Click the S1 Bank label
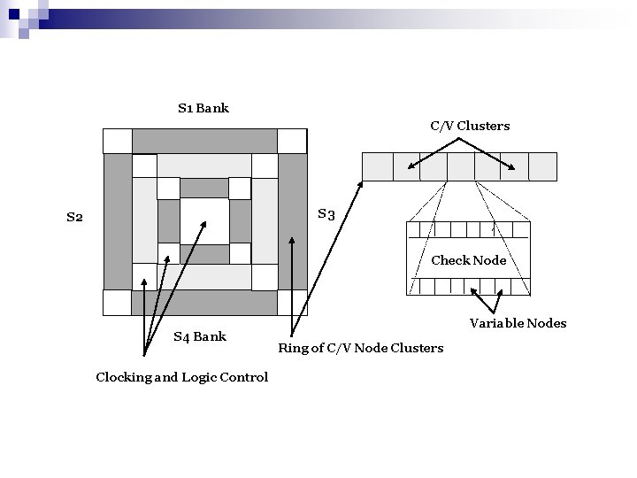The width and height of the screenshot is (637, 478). tap(203, 108)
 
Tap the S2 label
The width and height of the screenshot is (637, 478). tap(74, 217)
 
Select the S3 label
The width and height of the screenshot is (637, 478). tap(326, 214)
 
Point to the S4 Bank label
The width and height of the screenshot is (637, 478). tap(199, 336)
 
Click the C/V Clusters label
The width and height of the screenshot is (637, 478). tap(470, 126)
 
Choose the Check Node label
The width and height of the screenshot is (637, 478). tap(468, 260)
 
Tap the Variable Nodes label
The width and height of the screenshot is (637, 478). tap(518, 323)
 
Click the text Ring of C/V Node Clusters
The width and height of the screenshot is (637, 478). tap(360, 348)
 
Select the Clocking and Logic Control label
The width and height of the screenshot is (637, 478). tap(181, 377)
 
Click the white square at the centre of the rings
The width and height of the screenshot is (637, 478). tap(204, 220)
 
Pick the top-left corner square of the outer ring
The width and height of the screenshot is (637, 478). tap(117, 141)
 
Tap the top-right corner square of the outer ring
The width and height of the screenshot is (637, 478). tap(291, 141)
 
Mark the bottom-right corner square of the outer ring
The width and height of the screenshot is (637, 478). tap(291, 302)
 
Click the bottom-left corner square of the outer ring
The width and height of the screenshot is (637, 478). tap(117, 302)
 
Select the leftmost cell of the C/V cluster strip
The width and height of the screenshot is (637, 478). tap(377, 166)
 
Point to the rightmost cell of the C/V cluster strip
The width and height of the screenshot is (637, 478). tap(542, 166)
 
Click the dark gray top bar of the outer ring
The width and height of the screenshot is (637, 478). tap(204, 141)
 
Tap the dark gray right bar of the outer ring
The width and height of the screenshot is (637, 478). tap(291, 221)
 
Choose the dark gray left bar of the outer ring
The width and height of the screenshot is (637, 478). tap(117, 221)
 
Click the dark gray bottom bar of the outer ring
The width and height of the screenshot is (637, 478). tap(204, 303)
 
